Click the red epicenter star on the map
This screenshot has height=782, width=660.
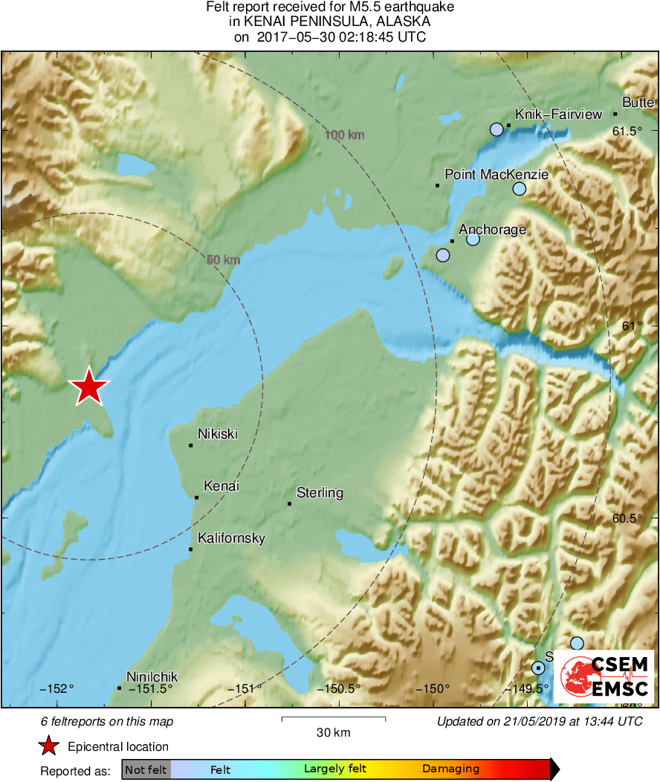(89, 387)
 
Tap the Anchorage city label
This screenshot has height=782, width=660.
(492, 230)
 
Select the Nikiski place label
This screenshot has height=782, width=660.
(218, 433)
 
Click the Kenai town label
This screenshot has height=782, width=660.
(221, 486)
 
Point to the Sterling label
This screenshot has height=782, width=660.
(320, 492)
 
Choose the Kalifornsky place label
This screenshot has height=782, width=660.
(231, 538)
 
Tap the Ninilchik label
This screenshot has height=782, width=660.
(152, 676)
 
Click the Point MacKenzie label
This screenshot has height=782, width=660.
(496, 175)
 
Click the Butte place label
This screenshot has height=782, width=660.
(638, 103)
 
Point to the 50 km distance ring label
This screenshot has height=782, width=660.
(223, 260)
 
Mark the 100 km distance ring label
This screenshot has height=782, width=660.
(345, 135)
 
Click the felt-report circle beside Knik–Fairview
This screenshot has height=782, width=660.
(497, 129)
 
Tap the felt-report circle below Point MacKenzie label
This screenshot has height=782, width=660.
(520, 189)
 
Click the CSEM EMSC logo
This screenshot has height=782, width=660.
(604, 676)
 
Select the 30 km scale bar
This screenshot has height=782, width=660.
(333, 719)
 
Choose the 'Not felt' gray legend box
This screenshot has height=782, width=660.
(146, 769)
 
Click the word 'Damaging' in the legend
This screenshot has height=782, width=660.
(450, 769)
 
